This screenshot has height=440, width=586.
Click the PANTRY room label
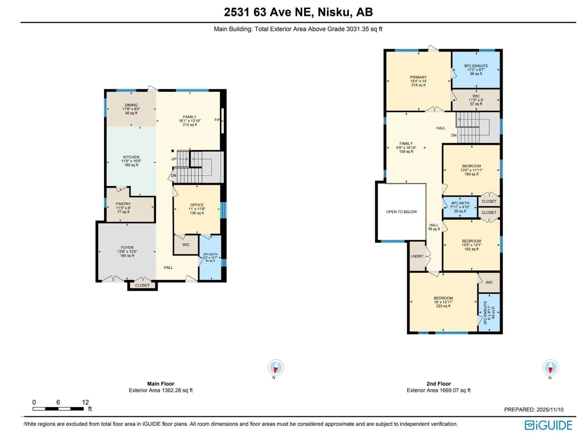point(123,204)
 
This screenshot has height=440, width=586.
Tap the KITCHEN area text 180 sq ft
point(131,165)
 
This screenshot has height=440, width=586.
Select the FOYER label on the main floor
point(127,248)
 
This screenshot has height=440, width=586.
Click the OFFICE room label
point(197,205)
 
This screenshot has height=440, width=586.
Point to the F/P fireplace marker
point(217,120)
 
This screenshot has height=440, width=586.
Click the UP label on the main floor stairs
point(174,159)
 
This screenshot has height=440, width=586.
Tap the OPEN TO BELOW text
point(401,212)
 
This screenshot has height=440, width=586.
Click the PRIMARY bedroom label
point(418,77)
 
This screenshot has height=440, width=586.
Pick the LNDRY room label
point(417,256)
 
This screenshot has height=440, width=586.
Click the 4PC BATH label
point(460,203)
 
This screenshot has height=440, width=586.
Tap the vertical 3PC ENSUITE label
point(485,313)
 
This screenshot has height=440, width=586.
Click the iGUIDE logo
point(548,425)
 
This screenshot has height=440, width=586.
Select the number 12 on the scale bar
point(85,402)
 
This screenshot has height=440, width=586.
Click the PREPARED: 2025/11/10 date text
point(534,409)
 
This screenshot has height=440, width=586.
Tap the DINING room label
point(131,105)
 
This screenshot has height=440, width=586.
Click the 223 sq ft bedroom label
point(443,306)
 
